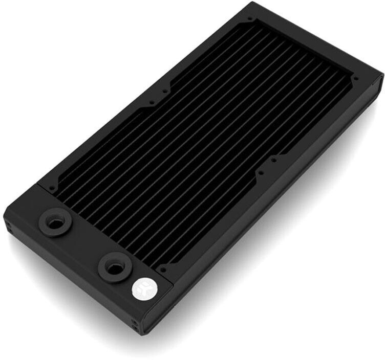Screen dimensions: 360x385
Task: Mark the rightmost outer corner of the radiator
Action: tap(382, 76)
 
